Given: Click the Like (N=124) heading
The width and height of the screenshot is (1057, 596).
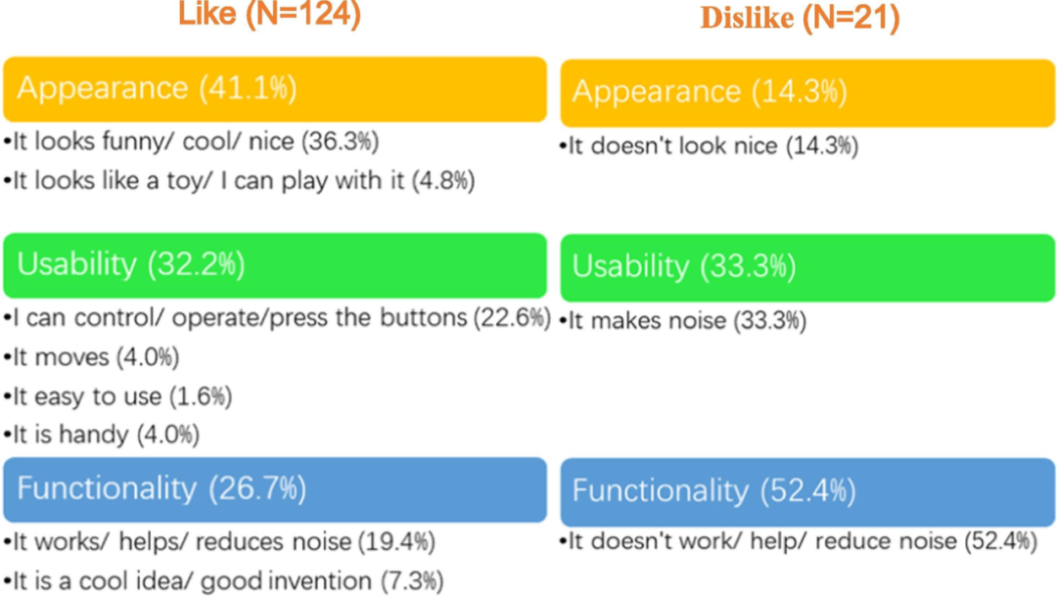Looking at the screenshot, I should point(268,14).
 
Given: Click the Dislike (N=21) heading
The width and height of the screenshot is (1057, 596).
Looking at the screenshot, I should point(798,19).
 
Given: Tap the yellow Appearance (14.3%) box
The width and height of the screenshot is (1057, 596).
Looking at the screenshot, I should point(806,92).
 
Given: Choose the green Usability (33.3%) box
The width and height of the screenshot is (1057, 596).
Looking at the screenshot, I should point(806,266).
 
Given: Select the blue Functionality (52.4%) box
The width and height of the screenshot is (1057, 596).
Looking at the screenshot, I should point(806,490).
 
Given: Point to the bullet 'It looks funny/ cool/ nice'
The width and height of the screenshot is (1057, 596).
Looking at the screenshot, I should point(192,142).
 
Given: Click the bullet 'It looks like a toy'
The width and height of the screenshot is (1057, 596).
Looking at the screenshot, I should point(239,181).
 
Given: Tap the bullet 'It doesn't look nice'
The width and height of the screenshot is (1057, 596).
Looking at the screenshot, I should point(712,147).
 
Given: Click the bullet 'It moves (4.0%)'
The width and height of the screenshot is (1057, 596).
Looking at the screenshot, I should point(92,357).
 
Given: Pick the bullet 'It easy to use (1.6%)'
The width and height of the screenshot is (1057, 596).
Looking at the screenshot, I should point(118,396).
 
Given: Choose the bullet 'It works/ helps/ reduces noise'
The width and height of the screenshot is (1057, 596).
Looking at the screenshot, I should point(219,541).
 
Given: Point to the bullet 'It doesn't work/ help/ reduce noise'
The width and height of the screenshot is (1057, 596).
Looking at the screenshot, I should point(799,541).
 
